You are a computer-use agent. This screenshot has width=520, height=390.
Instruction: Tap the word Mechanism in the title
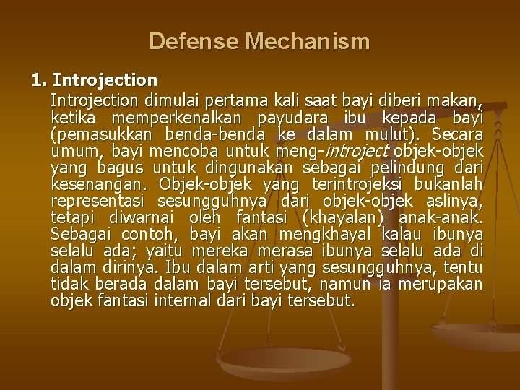pyautogui.click(x=308, y=41)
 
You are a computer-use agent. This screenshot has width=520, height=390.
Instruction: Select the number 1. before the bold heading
pyautogui.click(x=40, y=78)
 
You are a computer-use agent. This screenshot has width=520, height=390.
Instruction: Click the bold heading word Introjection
pyautogui.click(x=105, y=78)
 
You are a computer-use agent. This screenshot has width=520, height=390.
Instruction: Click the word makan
pyautogui.click(x=458, y=98)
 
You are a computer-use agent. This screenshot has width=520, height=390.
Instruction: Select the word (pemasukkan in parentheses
pyautogui.click(x=102, y=134)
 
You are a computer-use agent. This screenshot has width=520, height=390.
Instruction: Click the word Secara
pyautogui.click(x=458, y=134)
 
